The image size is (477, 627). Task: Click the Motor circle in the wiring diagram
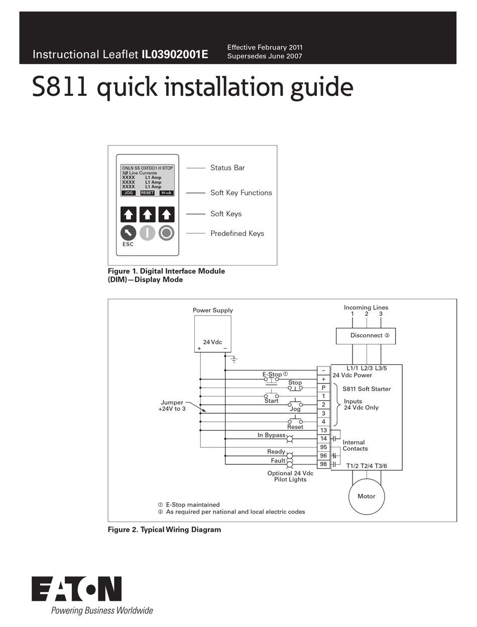point(366,496)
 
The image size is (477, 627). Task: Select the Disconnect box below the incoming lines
point(366,336)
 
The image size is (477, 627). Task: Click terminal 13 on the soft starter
point(323,430)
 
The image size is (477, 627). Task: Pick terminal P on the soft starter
point(323,388)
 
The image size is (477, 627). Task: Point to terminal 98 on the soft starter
point(323,464)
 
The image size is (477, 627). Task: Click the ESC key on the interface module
point(128,233)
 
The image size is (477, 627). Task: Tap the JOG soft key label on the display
point(129,193)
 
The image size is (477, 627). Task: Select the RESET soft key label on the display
point(147,193)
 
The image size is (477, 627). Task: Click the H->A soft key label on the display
point(166,193)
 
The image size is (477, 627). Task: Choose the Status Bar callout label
point(227,168)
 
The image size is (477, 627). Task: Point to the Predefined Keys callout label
point(237,233)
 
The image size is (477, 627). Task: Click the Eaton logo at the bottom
point(77,589)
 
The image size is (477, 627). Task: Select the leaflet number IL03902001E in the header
point(175,54)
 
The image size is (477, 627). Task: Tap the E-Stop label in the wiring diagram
point(272,374)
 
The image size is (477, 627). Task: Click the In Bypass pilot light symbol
point(290,439)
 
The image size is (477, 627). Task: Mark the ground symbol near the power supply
point(233,359)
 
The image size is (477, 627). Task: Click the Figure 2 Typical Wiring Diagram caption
point(164,530)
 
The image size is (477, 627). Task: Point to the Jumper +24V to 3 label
point(172,406)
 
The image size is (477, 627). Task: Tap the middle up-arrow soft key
point(147,214)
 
